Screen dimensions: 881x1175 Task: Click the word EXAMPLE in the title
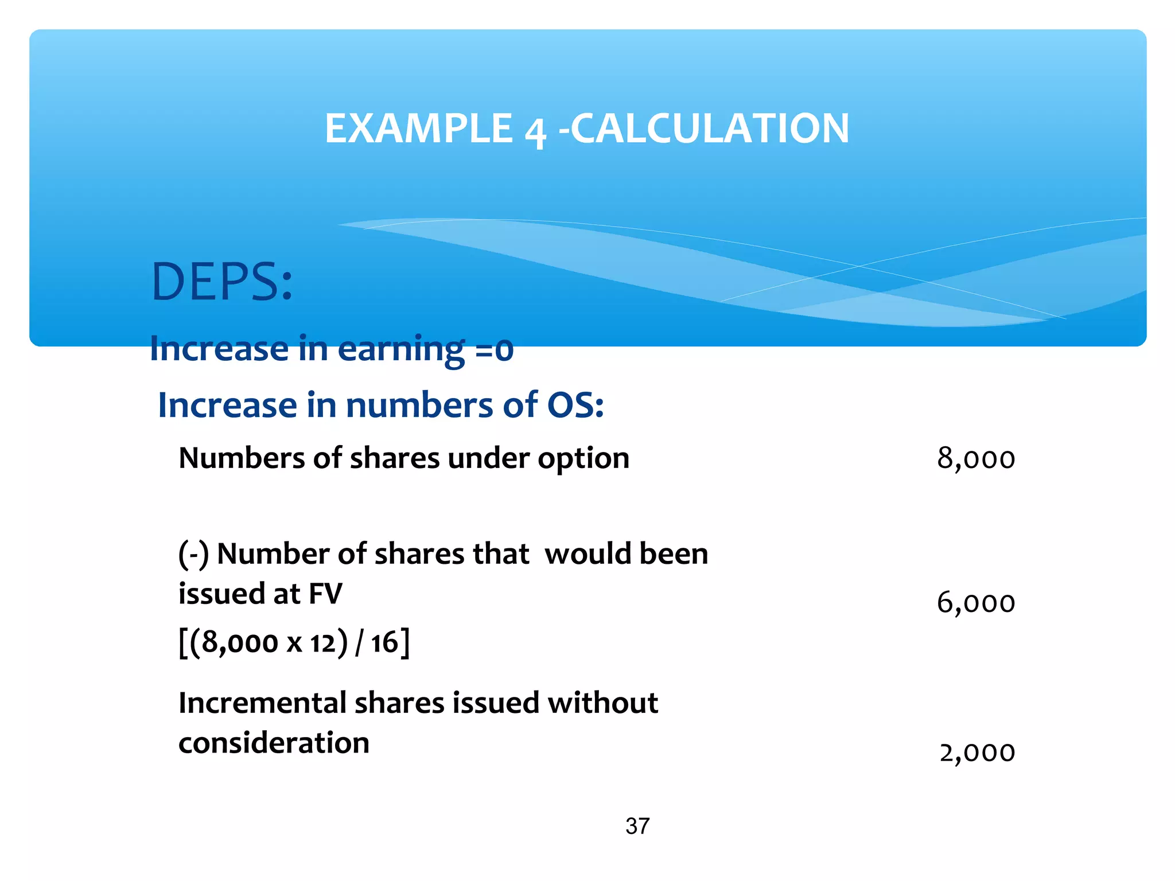[418, 128]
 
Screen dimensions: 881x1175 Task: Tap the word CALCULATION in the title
[710, 128]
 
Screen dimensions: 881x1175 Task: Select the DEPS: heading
[221, 282]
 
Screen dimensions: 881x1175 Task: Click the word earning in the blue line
[401, 349]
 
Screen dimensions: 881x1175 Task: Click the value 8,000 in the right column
[976, 459]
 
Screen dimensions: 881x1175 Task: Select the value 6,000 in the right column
[976, 603]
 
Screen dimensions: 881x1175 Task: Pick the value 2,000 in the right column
[977, 753]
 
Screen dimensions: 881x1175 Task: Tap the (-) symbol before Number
[193, 555]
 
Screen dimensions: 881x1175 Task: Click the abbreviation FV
[325, 594]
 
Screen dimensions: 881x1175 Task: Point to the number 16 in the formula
[384, 642]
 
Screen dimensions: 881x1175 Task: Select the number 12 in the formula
[323, 643]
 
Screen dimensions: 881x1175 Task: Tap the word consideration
[274, 743]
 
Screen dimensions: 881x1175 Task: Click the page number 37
[637, 827]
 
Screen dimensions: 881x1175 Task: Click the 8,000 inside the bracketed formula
[240, 643]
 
